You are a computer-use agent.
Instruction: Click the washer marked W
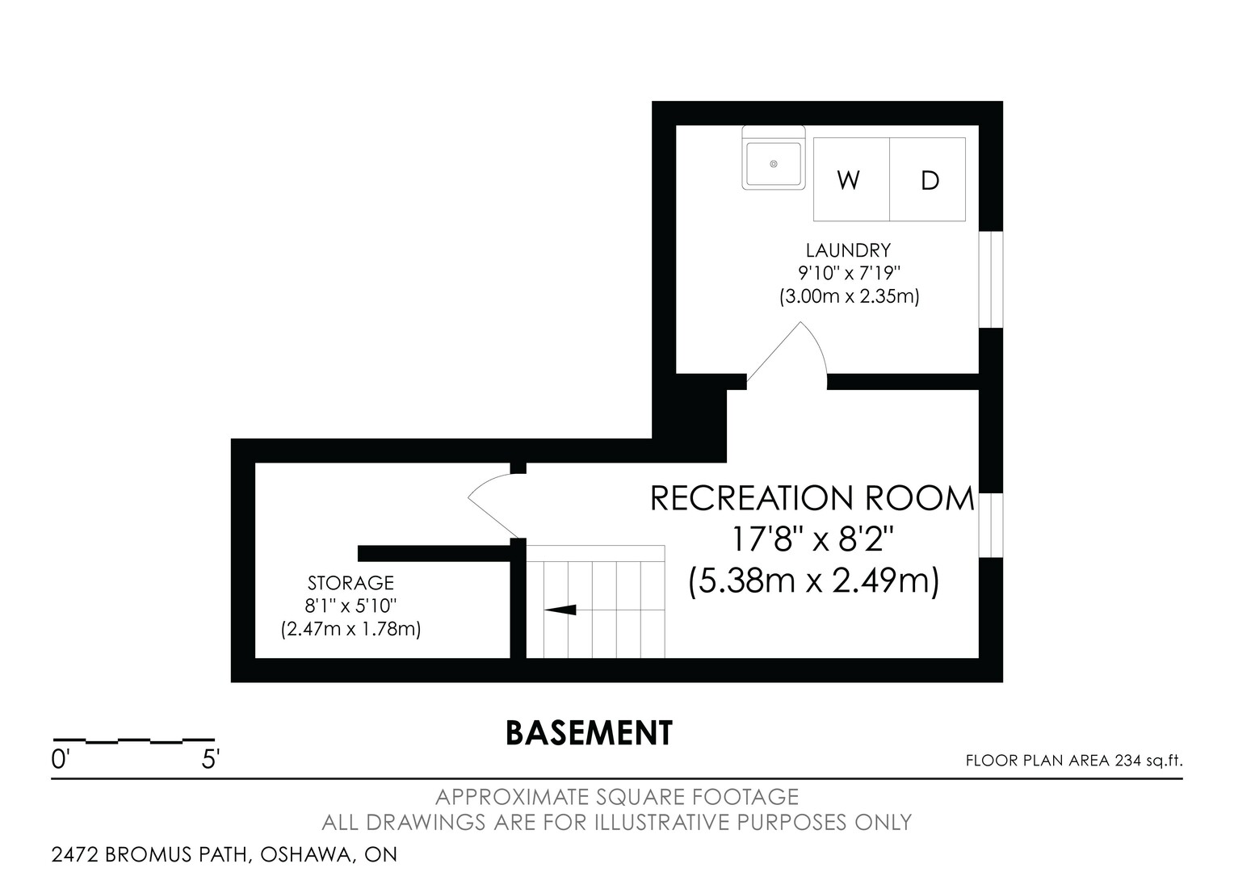(x=851, y=179)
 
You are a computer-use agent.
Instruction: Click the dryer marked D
(x=928, y=179)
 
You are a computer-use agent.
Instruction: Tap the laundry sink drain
(x=774, y=164)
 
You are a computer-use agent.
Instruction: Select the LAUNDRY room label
(x=848, y=250)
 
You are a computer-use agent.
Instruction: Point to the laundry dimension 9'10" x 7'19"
(x=849, y=273)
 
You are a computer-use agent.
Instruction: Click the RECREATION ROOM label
(x=812, y=498)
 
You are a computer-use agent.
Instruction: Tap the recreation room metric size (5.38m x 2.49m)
(x=813, y=581)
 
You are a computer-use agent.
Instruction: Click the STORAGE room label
(x=351, y=583)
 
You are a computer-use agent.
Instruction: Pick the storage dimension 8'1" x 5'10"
(x=351, y=606)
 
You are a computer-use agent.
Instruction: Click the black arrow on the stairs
(x=560, y=610)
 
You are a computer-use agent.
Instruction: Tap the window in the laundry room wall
(x=990, y=280)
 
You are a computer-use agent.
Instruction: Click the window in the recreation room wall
(x=990, y=526)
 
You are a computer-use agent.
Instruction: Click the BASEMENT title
(x=589, y=733)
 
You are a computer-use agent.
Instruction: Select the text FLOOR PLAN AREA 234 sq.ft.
(x=1074, y=761)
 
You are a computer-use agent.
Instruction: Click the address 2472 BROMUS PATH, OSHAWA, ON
(x=225, y=854)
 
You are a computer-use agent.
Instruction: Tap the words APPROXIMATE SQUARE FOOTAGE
(x=617, y=797)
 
